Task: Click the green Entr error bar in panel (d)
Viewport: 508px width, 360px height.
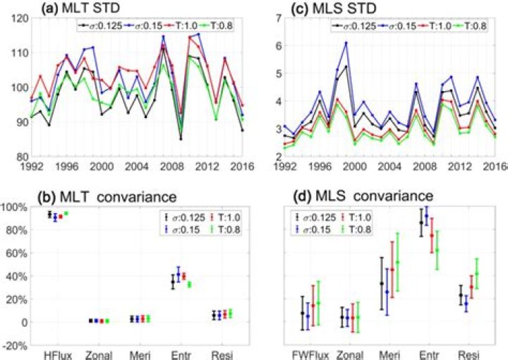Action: point(437,250)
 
